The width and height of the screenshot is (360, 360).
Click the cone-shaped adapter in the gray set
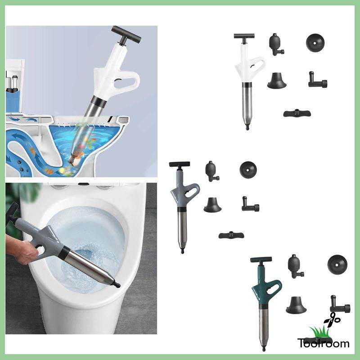(213, 205)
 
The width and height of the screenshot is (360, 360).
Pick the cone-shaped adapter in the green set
(296, 305)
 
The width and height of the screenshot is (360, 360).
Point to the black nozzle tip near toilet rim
(116, 284)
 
